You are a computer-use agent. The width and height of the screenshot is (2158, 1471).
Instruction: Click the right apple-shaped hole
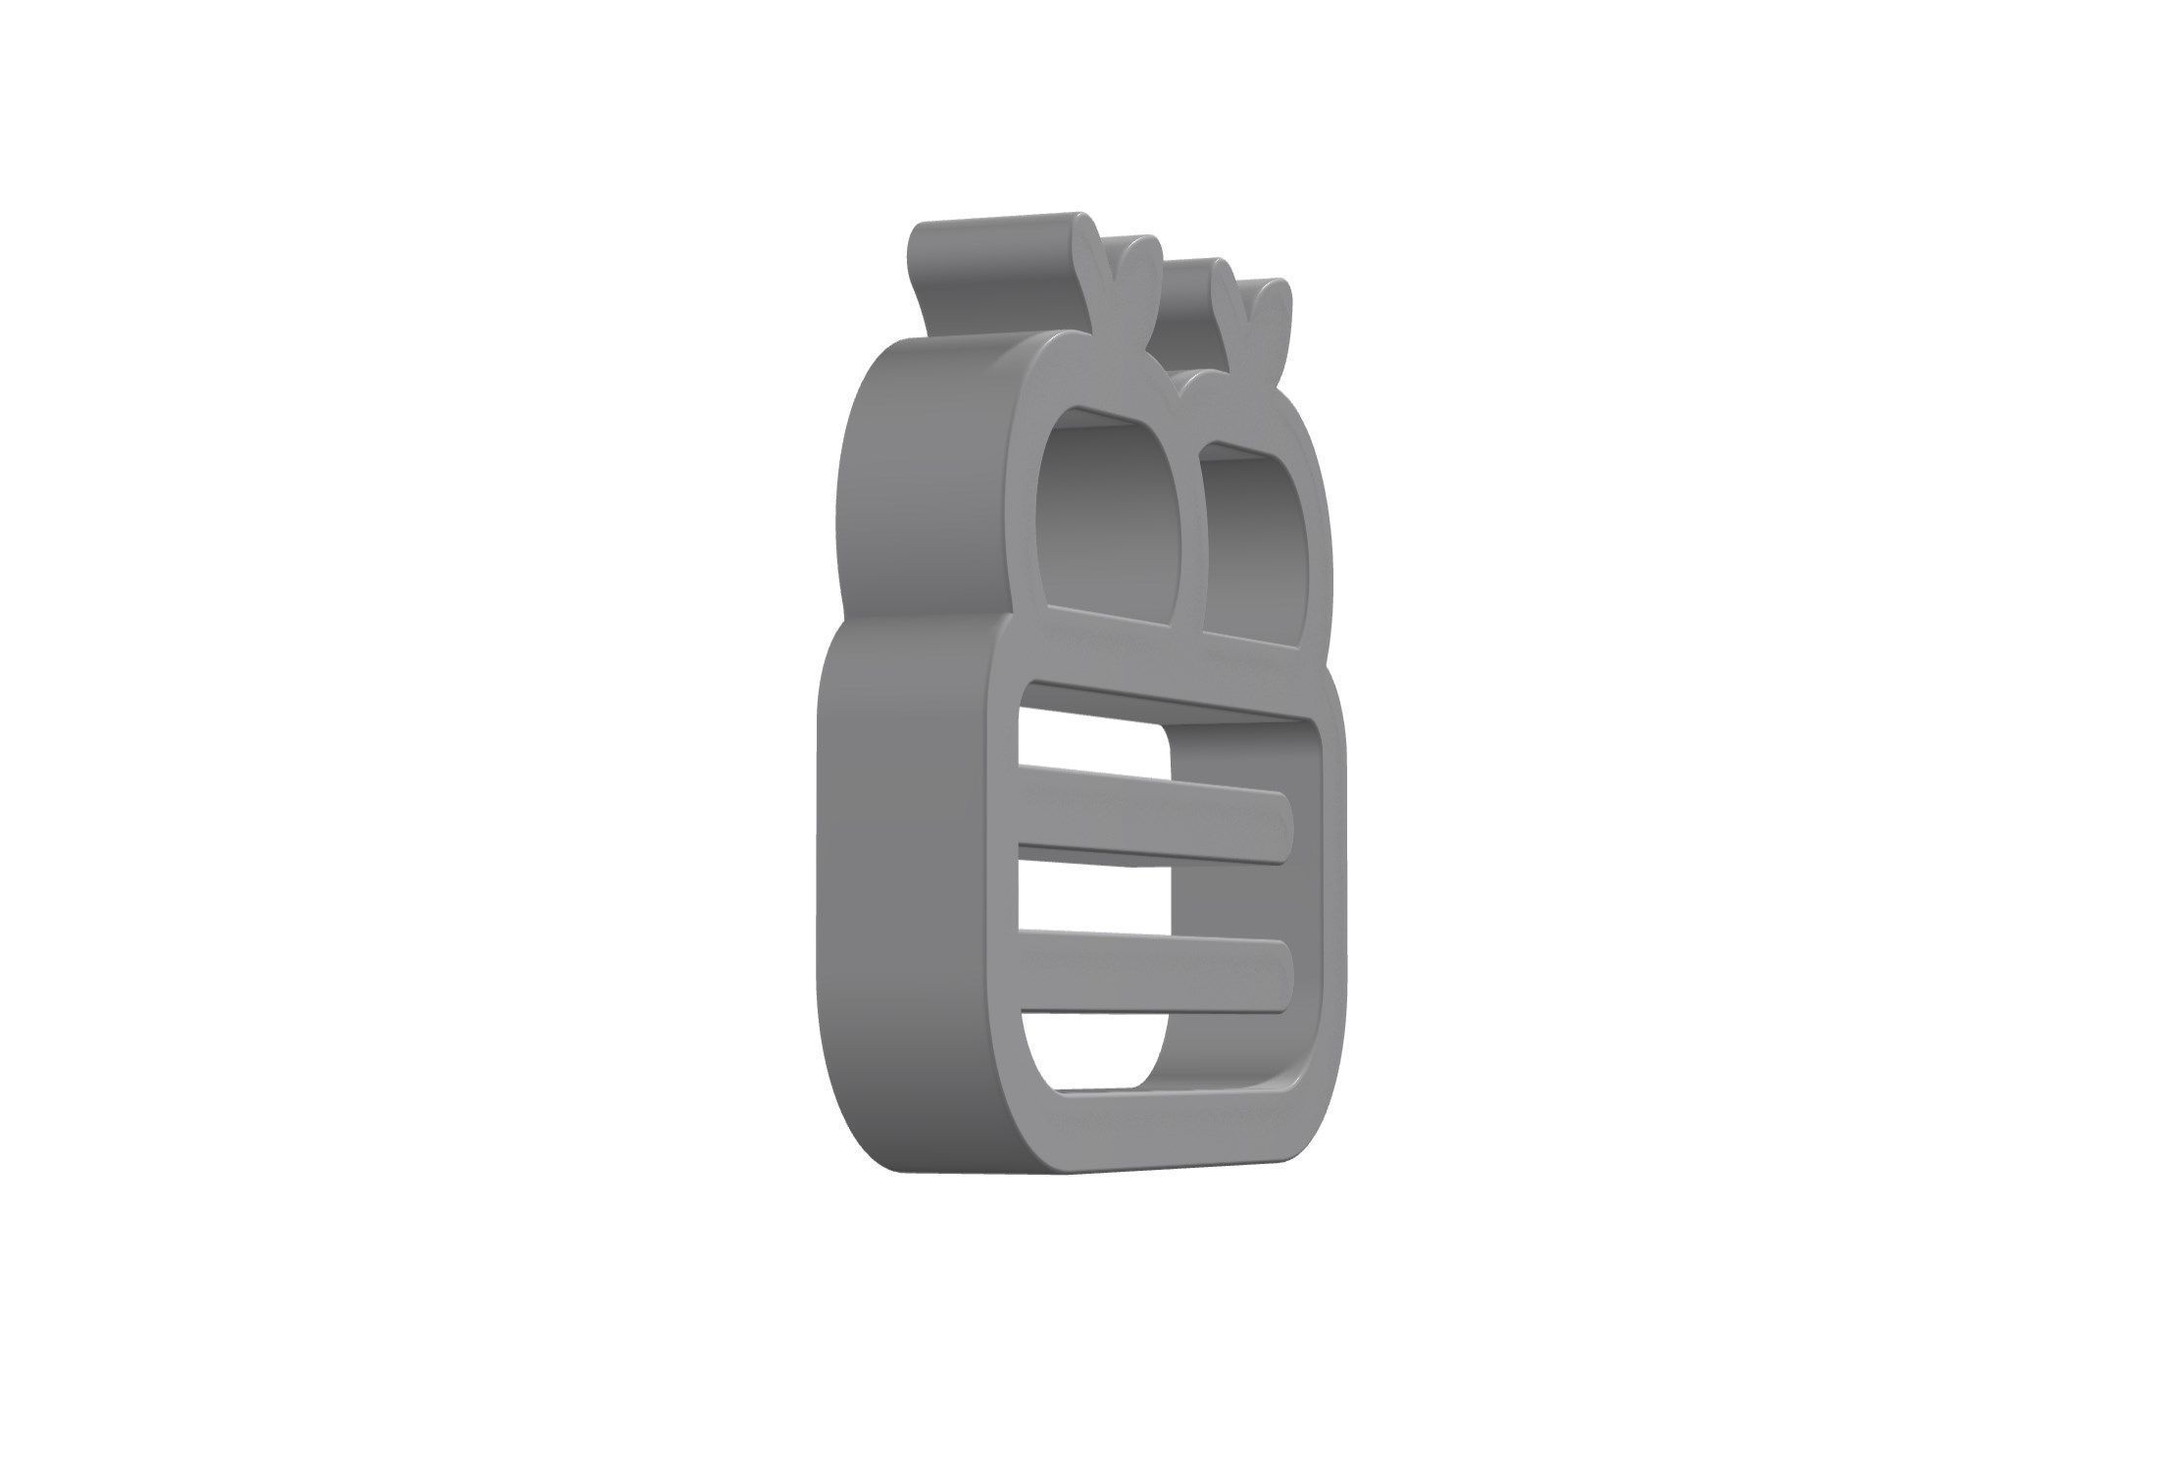tap(1250, 549)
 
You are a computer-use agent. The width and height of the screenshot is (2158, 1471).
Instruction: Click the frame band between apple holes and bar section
tap(1157, 672)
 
